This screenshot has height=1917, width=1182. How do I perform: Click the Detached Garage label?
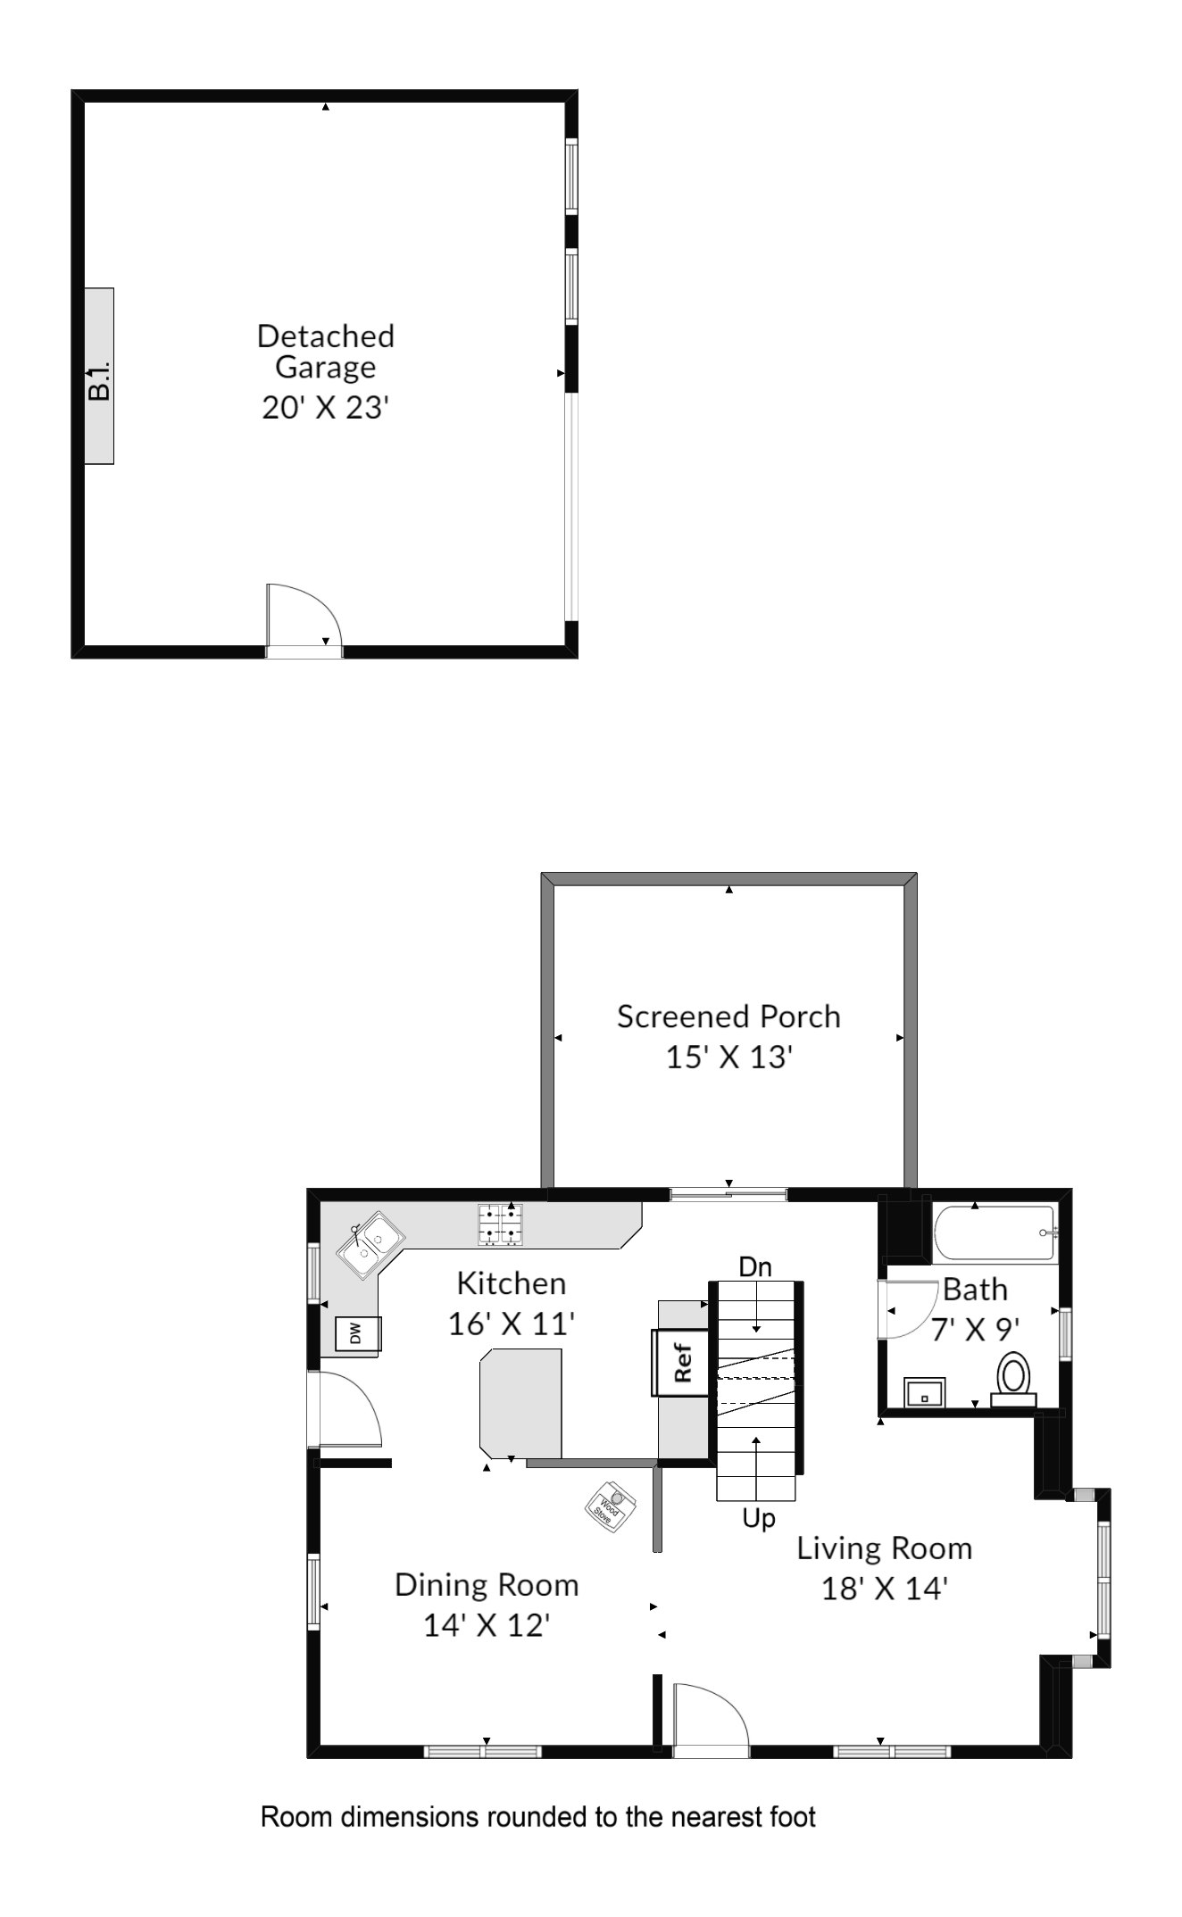(326, 352)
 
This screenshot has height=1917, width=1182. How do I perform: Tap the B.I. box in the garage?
(99, 376)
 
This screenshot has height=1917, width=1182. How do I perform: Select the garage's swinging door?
(304, 620)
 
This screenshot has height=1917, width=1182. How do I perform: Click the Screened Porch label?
(728, 1017)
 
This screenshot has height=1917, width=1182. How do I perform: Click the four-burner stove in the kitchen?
(501, 1224)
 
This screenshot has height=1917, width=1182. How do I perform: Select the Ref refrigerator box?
(682, 1363)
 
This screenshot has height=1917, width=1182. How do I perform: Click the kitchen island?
(520, 1402)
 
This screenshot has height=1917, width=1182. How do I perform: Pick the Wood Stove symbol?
(610, 1507)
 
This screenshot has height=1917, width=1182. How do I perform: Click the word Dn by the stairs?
(755, 1266)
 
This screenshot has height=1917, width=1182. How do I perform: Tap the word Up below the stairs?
(759, 1518)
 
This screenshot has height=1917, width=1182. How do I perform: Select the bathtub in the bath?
(995, 1232)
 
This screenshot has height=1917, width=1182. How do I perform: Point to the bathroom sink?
(925, 1391)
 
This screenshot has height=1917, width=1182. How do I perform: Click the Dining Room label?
(487, 1585)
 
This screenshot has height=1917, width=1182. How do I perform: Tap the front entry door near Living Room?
(711, 1720)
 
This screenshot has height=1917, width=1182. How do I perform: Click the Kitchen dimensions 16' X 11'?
(511, 1323)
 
